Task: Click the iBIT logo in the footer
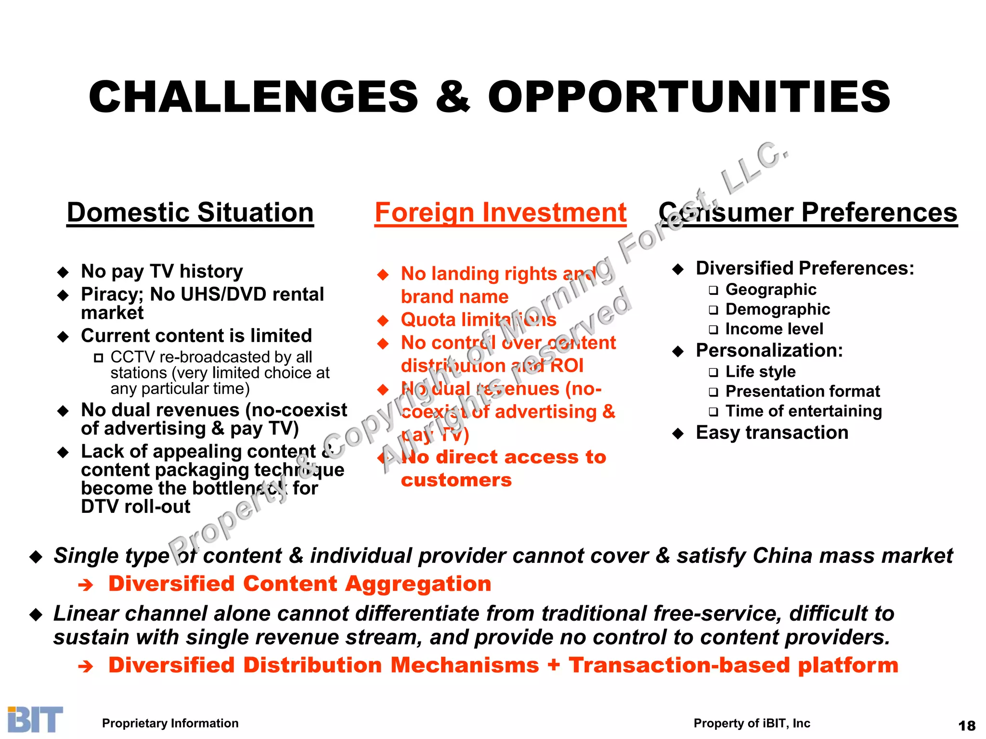(35, 719)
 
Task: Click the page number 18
(967, 726)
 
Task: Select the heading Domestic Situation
(190, 213)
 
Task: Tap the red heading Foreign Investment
(500, 213)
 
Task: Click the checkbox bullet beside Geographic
(713, 290)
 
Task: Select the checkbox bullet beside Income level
(713, 330)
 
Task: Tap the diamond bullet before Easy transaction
(678, 433)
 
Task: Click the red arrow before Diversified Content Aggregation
(85, 585)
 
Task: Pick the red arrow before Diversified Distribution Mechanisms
(85, 666)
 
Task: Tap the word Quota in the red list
(428, 319)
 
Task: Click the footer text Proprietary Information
(170, 723)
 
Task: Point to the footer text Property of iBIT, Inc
(752, 723)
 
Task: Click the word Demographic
(778, 309)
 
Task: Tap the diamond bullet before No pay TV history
(63, 272)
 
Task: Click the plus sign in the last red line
(554, 665)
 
